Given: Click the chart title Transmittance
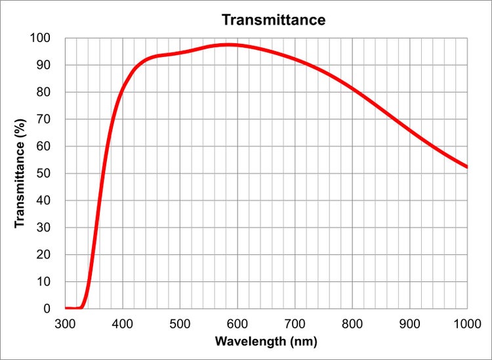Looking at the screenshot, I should click(273, 20).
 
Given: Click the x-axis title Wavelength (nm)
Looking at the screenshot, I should click(266, 342).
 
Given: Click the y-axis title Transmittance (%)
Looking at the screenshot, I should click(20, 173).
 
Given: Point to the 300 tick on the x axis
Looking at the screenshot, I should click(65, 323).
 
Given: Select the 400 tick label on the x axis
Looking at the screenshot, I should click(123, 323).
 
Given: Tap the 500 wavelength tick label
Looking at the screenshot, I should click(180, 323).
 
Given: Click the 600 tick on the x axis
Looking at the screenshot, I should click(237, 323).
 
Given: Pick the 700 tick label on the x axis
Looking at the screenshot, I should click(295, 323).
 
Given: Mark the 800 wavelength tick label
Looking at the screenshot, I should click(352, 323).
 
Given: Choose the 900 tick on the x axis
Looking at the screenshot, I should click(410, 323).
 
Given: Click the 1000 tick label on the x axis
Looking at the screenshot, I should click(467, 323).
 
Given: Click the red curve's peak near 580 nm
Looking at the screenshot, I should click(227, 45).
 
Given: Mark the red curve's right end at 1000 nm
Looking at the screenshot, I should click(466, 167).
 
